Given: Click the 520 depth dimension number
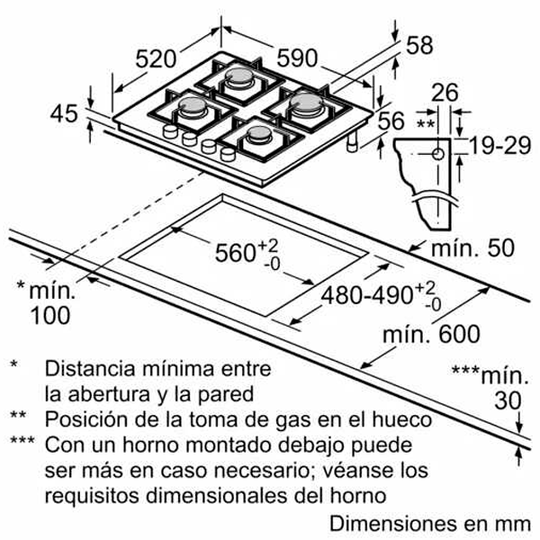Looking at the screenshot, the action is tap(156, 58).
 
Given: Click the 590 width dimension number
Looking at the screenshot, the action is tap(297, 58).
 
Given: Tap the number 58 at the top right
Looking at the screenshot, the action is tap(419, 45).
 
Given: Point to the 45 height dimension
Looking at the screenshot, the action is tap(64, 113).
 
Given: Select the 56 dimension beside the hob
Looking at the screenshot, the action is tap(391, 121).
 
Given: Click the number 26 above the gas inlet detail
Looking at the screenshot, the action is tap(445, 93).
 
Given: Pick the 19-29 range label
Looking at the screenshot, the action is tap(500, 146).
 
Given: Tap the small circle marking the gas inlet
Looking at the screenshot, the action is tap(438, 154).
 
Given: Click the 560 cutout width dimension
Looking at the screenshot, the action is tap(247, 254).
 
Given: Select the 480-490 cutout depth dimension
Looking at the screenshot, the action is tap(381, 296).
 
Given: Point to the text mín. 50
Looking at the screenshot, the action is tap(472, 247).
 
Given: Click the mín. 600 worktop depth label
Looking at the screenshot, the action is tap(431, 333).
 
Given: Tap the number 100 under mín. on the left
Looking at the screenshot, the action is tap(50, 315).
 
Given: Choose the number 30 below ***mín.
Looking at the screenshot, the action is tap(508, 400).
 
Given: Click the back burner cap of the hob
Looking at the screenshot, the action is tap(238, 76).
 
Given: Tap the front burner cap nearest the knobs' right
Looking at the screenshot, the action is tap(258, 132).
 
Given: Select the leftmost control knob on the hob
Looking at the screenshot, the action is tap(170, 131).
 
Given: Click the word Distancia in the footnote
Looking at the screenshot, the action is tap(90, 368).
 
